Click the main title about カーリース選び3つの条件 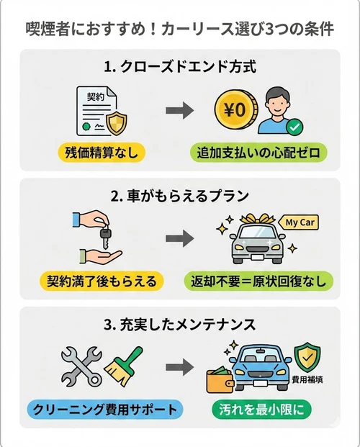(x=179, y=30)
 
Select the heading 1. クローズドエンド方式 (x=180, y=68)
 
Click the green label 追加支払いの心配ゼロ (x=258, y=152)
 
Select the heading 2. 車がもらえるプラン (x=180, y=194)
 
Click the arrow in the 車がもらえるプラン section (x=179, y=238)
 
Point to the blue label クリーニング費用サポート (x=104, y=410)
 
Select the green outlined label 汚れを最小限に (x=258, y=410)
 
